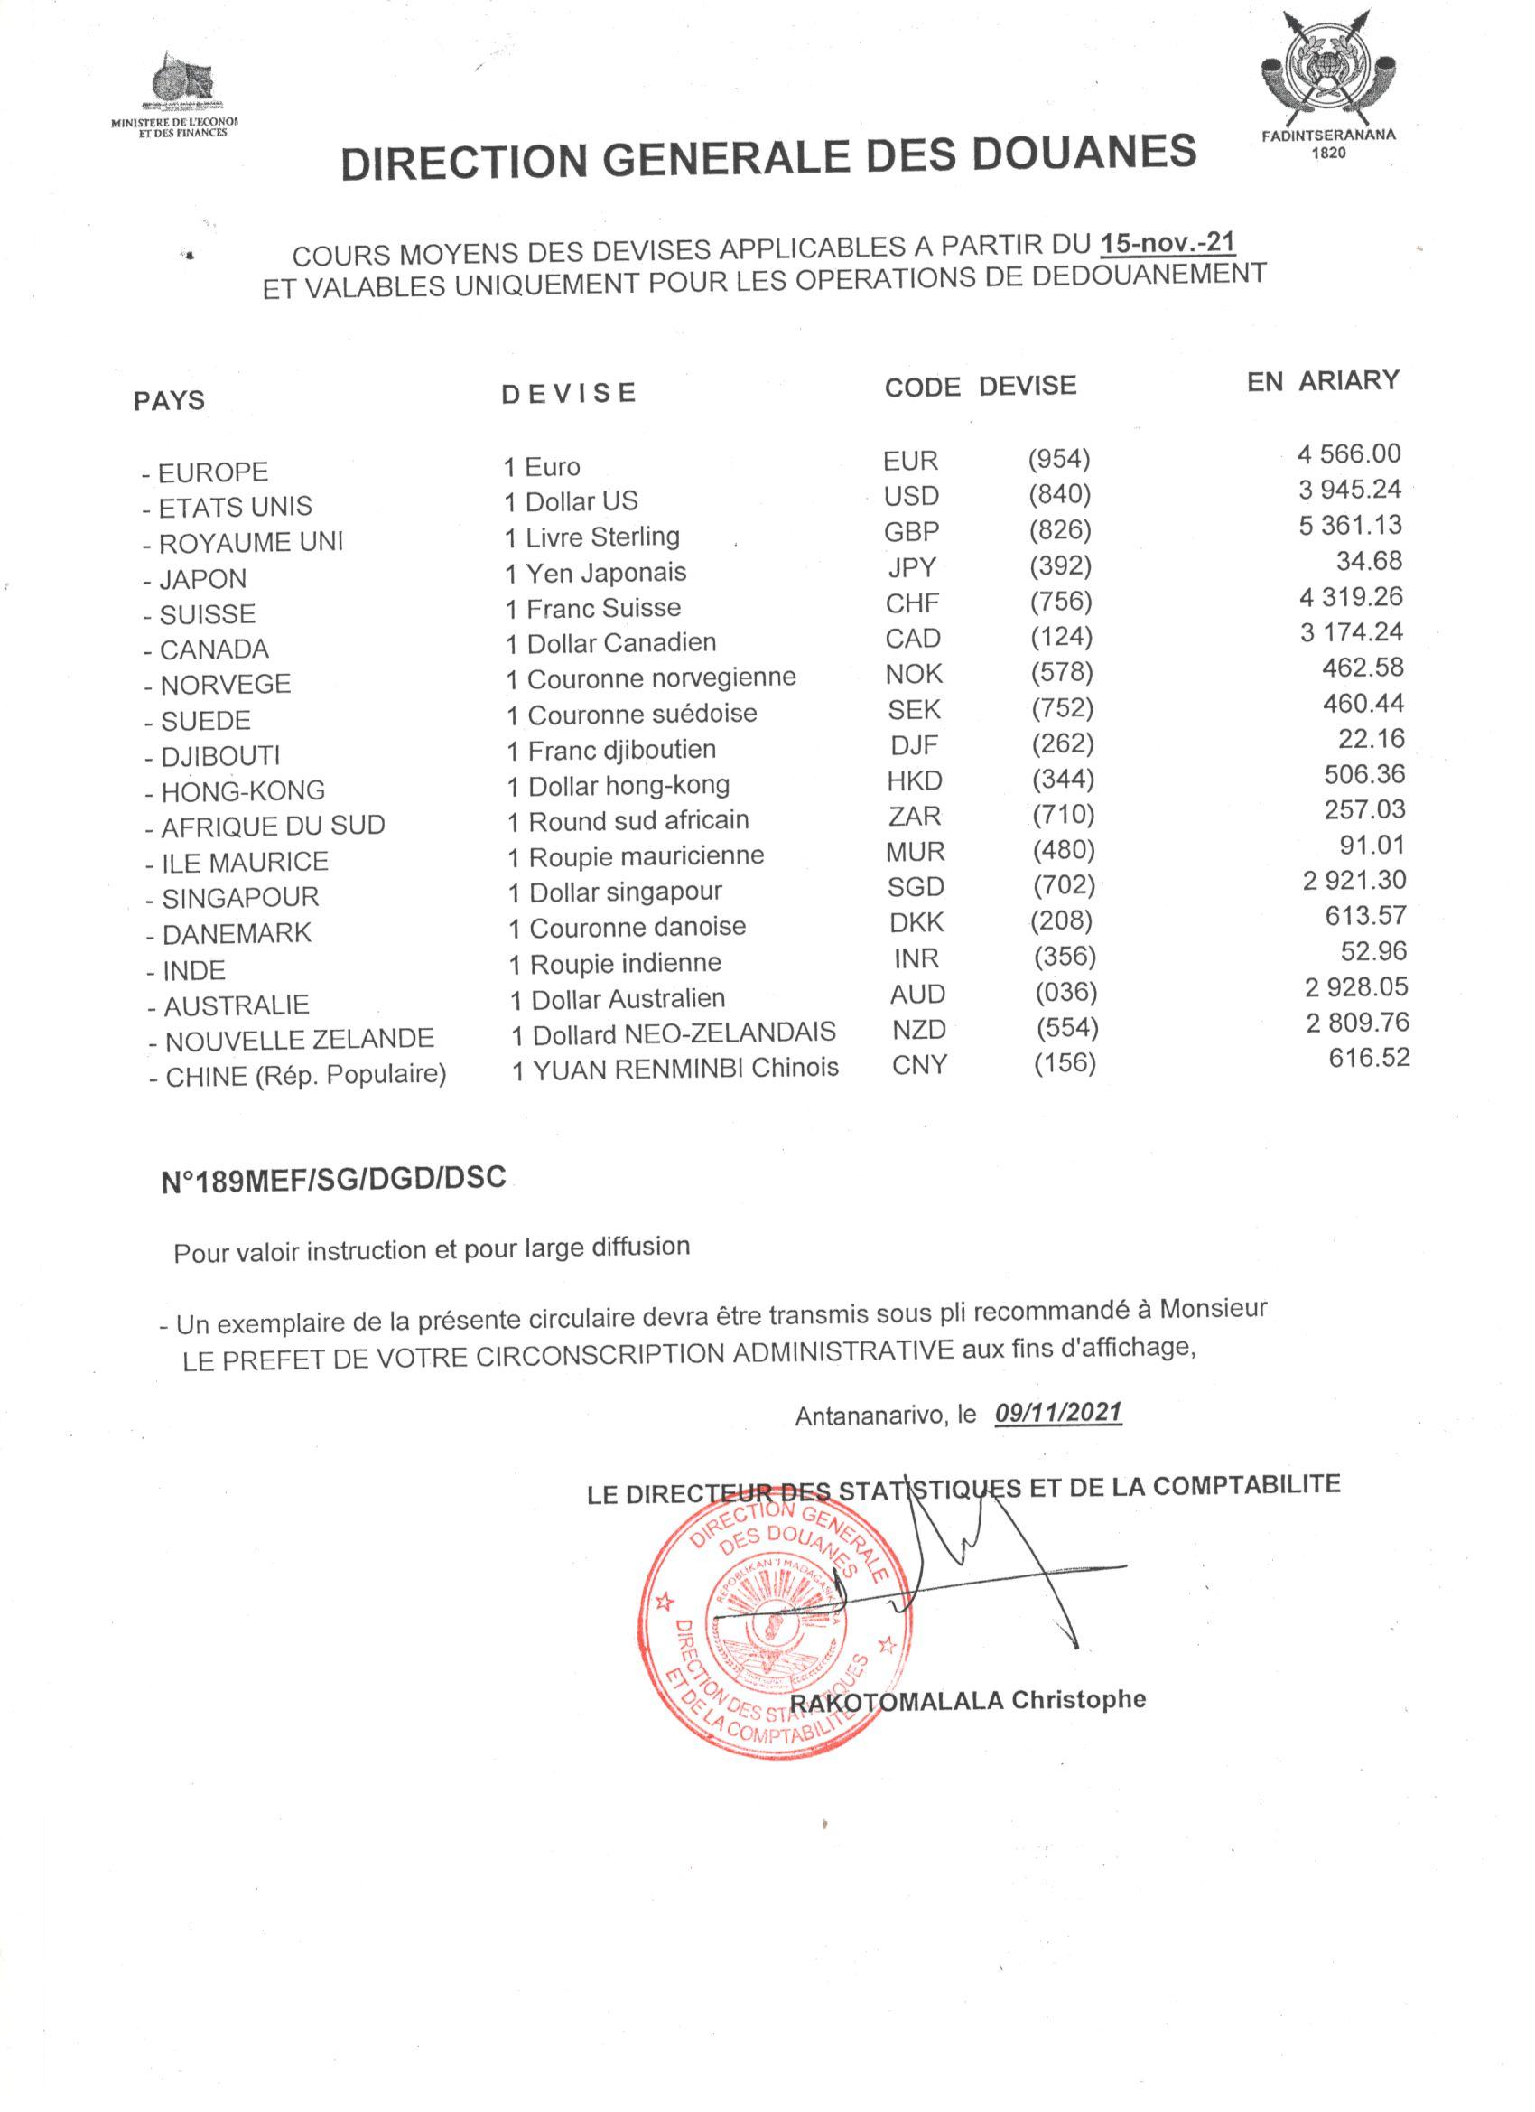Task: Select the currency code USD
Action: click(x=911, y=495)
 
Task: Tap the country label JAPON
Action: click(x=202, y=578)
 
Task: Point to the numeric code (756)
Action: click(x=1060, y=601)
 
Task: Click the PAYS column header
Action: click(x=169, y=400)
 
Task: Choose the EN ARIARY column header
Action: click(x=1323, y=381)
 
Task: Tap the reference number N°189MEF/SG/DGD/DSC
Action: click(x=333, y=1179)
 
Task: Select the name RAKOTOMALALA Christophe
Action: click(x=968, y=1699)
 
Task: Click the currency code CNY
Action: click(x=919, y=1064)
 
